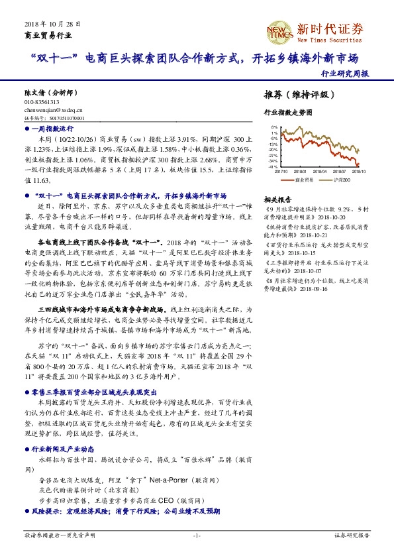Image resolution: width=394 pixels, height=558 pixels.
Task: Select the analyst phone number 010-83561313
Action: (x=42, y=102)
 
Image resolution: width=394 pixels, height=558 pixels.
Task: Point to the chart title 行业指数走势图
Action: (x=287, y=113)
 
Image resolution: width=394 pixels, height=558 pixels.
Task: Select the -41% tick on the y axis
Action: (x=272, y=167)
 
